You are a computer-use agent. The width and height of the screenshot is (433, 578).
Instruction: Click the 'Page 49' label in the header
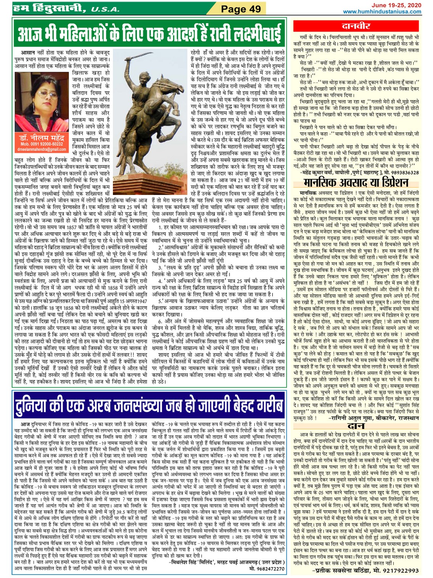(x=241, y=8)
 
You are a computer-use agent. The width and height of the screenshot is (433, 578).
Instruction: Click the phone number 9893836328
(x=401, y=172)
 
